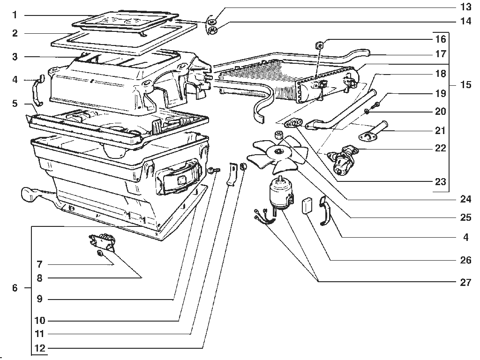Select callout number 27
point(465,282)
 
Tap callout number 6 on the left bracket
point(15,288)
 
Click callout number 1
point(15,15)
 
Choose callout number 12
point(40,348)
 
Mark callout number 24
point(465,199)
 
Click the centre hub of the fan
point(279,150)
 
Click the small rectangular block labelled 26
point(307,205)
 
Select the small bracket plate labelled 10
point(232,173)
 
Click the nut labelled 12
point(243,166)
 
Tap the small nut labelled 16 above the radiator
point(319,45)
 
